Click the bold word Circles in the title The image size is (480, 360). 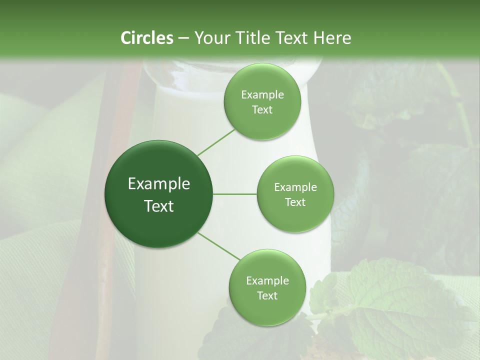pos(146,38)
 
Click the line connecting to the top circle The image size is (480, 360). pos(216,141)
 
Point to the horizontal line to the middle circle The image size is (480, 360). pos(234,194)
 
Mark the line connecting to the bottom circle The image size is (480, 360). pos(218,247)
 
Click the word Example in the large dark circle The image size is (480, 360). pos(159,184)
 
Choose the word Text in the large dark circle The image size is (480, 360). pos(159,206)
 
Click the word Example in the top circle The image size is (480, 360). pos(262,95)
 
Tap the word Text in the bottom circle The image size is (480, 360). pos(267,295)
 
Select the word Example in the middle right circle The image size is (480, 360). pos(295,187)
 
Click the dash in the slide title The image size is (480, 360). pos(183,38)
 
